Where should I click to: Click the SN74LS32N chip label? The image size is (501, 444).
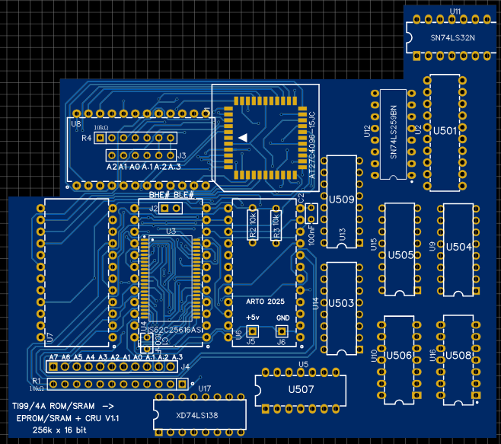[x=452, y=37]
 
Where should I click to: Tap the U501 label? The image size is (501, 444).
[x=445, y=130]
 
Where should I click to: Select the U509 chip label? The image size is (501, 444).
[x=341, y=200]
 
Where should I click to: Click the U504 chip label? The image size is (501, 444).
[x=459, y=247]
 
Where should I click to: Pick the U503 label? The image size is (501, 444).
[x=341, y=303]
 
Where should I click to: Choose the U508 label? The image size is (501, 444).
[x=459, y=355]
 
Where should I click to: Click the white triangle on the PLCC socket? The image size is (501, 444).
[x=242, y=137]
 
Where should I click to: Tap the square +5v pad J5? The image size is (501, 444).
[x=253, y=331]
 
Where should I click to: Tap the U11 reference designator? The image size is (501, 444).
[x=455, y=11]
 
